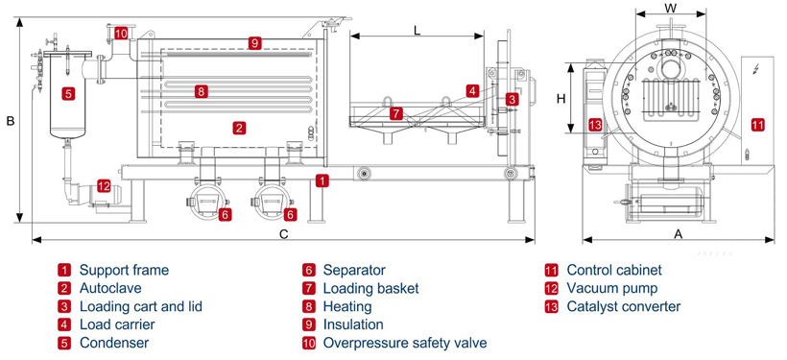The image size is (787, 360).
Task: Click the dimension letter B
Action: (x=10, y=121)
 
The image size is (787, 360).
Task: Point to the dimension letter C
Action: (x=283, y=234)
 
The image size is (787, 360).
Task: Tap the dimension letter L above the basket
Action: (x=417, y=30)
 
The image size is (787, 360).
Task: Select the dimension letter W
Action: (x=670, y=8)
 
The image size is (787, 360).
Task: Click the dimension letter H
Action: (x=561, y=99)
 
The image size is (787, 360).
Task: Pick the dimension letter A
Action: (x=679, y=234)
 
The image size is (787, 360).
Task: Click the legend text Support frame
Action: (x=124, y=270)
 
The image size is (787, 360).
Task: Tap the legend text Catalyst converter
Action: (x=624, y=306)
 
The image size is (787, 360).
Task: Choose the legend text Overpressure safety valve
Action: (x=405, y=343)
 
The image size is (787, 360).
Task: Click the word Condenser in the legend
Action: (x=114, y=343)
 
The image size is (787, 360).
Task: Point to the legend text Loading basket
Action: (x=370, y=289)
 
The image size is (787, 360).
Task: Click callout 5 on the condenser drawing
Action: (x=69, y=93)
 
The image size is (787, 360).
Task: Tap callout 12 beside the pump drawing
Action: (x=104, y=186)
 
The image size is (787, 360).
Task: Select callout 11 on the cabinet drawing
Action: (x=758, y=124)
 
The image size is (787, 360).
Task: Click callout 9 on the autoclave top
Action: (x=254, y=43)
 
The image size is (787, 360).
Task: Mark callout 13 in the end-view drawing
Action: (x=594, y=125)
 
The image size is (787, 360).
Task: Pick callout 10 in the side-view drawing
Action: (x=121, y=34)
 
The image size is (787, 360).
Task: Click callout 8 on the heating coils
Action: (x=201, y=91)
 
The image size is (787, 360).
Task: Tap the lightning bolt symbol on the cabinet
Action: (x=756, y=69)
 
